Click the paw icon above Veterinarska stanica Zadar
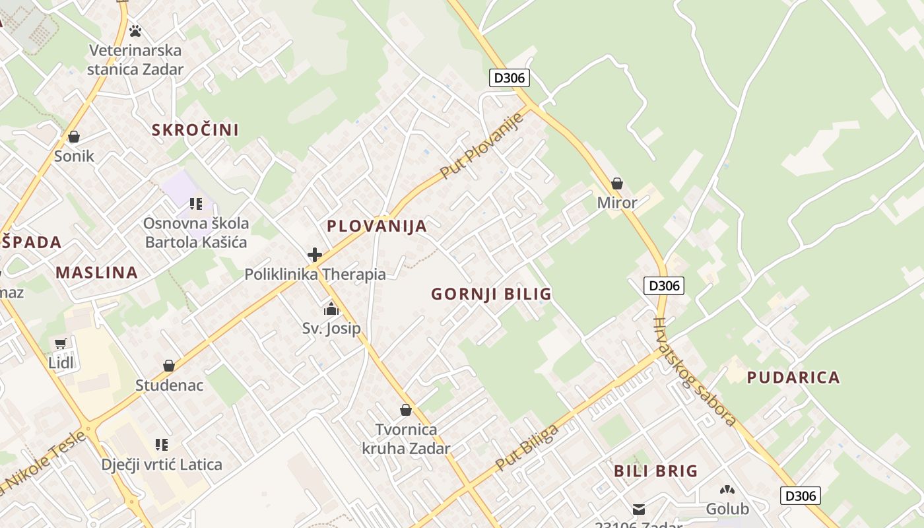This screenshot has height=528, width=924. pyautogui.click(x=135, y=31)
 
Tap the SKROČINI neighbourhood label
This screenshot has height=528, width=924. pyautogui.click(x=195, y=130)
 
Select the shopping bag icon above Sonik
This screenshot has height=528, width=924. pyautogui.click(x=74, y=137)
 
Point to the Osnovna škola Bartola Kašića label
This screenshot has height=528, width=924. pyautogui.click(x=196, y=232)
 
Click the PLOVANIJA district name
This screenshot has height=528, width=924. pyautogui.click(x=377, y=226)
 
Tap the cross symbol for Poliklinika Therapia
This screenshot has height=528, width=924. pyautogui.click(x=315, y=255)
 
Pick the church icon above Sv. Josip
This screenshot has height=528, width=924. pyautogui.click(x=331, y=309)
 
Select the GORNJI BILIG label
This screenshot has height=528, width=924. pyautogui.click(x=491, y=294)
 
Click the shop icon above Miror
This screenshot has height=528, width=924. pyautogui.click(x=617, y=183)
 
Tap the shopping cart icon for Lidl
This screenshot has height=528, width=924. pyautogui.click(x=61, y=343)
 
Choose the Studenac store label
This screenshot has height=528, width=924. pyautogui.click(x=170, y=385)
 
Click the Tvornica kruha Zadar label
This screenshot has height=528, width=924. pyautogui.click(x=406, y=439)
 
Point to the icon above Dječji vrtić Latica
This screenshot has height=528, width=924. pyautogui.click(x=162, y=445)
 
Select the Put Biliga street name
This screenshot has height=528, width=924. pyautogui.click(x=526, y=448)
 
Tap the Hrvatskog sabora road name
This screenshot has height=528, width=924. pyautogui.click(x=694, y=372)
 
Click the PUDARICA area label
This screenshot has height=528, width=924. pyautogui.click(x=793, y=378)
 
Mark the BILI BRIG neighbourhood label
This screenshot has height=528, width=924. pyautogui.click(x=655, y=471)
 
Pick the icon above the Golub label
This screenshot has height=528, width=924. pyautogui.click(x=727, y=490)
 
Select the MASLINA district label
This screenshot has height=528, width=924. pyautogui.click(x=96, y=272)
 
